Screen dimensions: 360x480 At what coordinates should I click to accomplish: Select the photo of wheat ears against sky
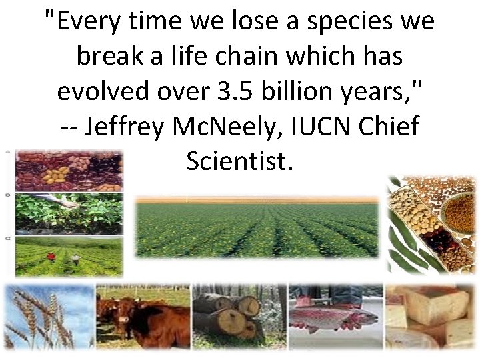[47, 317]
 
